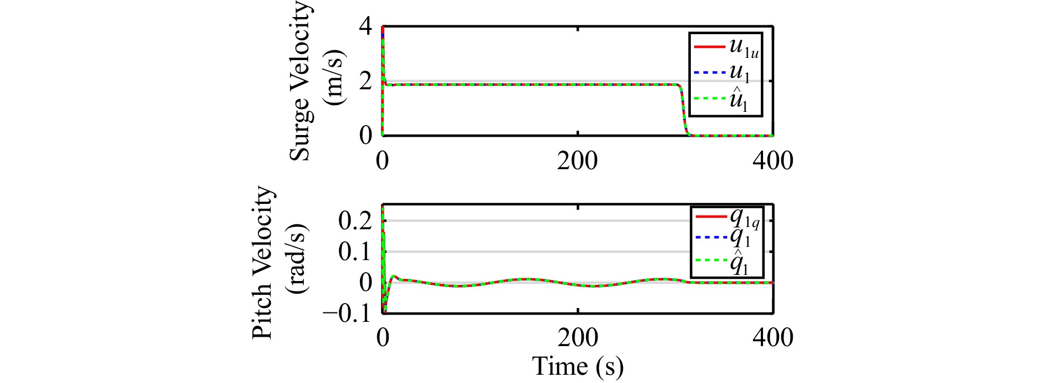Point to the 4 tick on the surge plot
point(366,28)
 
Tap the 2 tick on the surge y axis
point(366,82)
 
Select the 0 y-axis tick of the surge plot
point(366,135)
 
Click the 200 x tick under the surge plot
point(577,161)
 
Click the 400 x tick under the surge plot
point(772,161)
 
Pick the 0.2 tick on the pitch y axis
point(356,221)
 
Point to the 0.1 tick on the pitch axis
point(356,252)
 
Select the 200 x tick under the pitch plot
point(577,337)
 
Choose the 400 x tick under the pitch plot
point(772,337)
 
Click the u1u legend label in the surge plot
point(743,47)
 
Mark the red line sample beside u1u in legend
point(709,47)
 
